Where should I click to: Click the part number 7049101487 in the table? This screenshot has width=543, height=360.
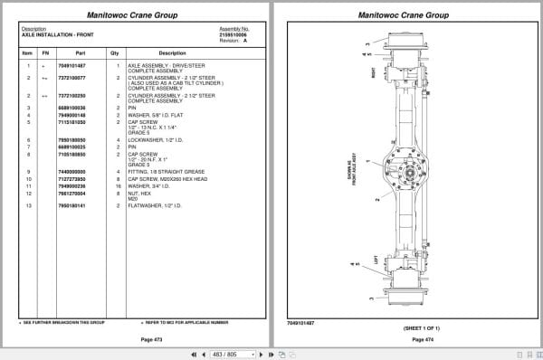(72, 66)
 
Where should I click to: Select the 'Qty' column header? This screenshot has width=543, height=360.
(115, 52)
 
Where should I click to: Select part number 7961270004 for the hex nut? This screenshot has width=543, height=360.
(72, 193)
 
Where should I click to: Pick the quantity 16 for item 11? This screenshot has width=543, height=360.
(119, 186)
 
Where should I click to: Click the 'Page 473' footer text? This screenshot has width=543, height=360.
(139, 338)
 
